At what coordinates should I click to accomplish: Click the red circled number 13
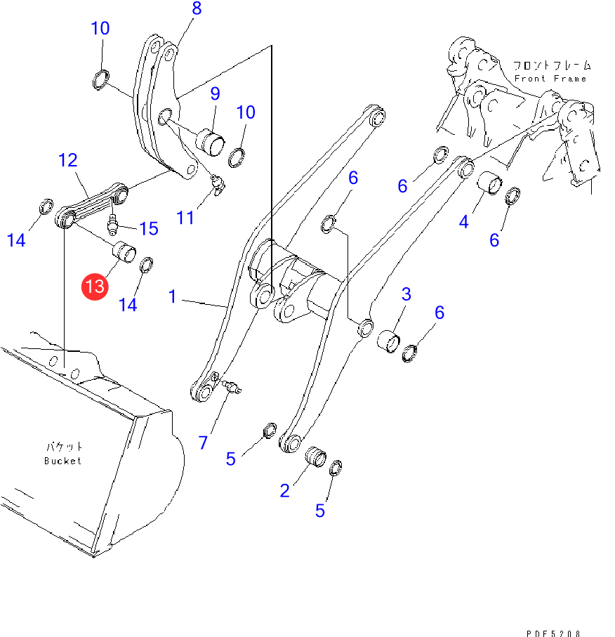[x=95, y=287]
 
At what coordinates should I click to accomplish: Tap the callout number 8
[x=197, y=8]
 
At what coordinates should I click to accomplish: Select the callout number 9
[x=215, y=94]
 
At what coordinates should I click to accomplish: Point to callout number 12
[x=68, y=160]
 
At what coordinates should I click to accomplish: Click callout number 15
[x=149, y=229]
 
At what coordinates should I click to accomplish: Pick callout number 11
[x=185, y=218]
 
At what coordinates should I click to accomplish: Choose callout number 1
[x=173, y=296]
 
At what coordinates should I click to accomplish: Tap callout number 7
[x=203, y=442]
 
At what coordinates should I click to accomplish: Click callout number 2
[x=285, y=491]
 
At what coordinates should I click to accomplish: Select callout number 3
[x=406, y=294]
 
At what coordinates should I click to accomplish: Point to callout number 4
[x=464, y=222]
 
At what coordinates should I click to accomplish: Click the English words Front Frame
[x=550, y=79]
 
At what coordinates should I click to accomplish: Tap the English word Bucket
[x=62, y=461]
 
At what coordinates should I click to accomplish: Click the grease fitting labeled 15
[x=112, y=225]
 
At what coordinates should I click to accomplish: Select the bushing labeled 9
[x=210, y=142]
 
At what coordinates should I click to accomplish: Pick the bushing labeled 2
[x=316, y=457]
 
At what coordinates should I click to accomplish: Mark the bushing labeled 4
[x=489, y=183]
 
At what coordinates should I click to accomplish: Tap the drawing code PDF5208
[x=553, y=633]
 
